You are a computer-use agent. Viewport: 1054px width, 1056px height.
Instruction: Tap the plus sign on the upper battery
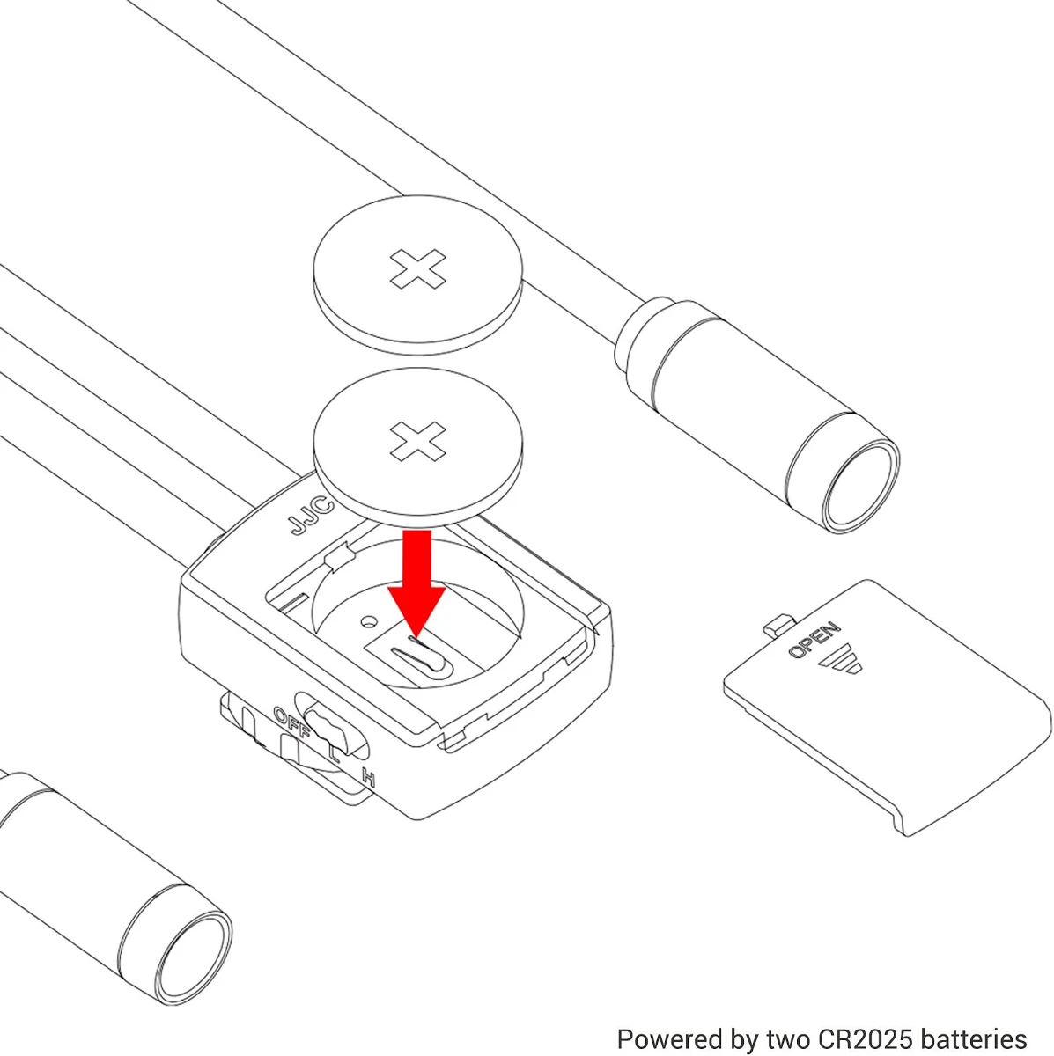point(418,268)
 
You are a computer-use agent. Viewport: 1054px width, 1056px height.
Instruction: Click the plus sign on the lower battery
point(418,441)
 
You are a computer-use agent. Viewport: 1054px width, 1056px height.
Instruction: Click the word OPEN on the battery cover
point(814,640)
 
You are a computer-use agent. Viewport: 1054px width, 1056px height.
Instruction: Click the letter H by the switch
point(369,778)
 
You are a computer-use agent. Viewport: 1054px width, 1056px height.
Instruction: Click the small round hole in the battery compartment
point(369,621)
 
